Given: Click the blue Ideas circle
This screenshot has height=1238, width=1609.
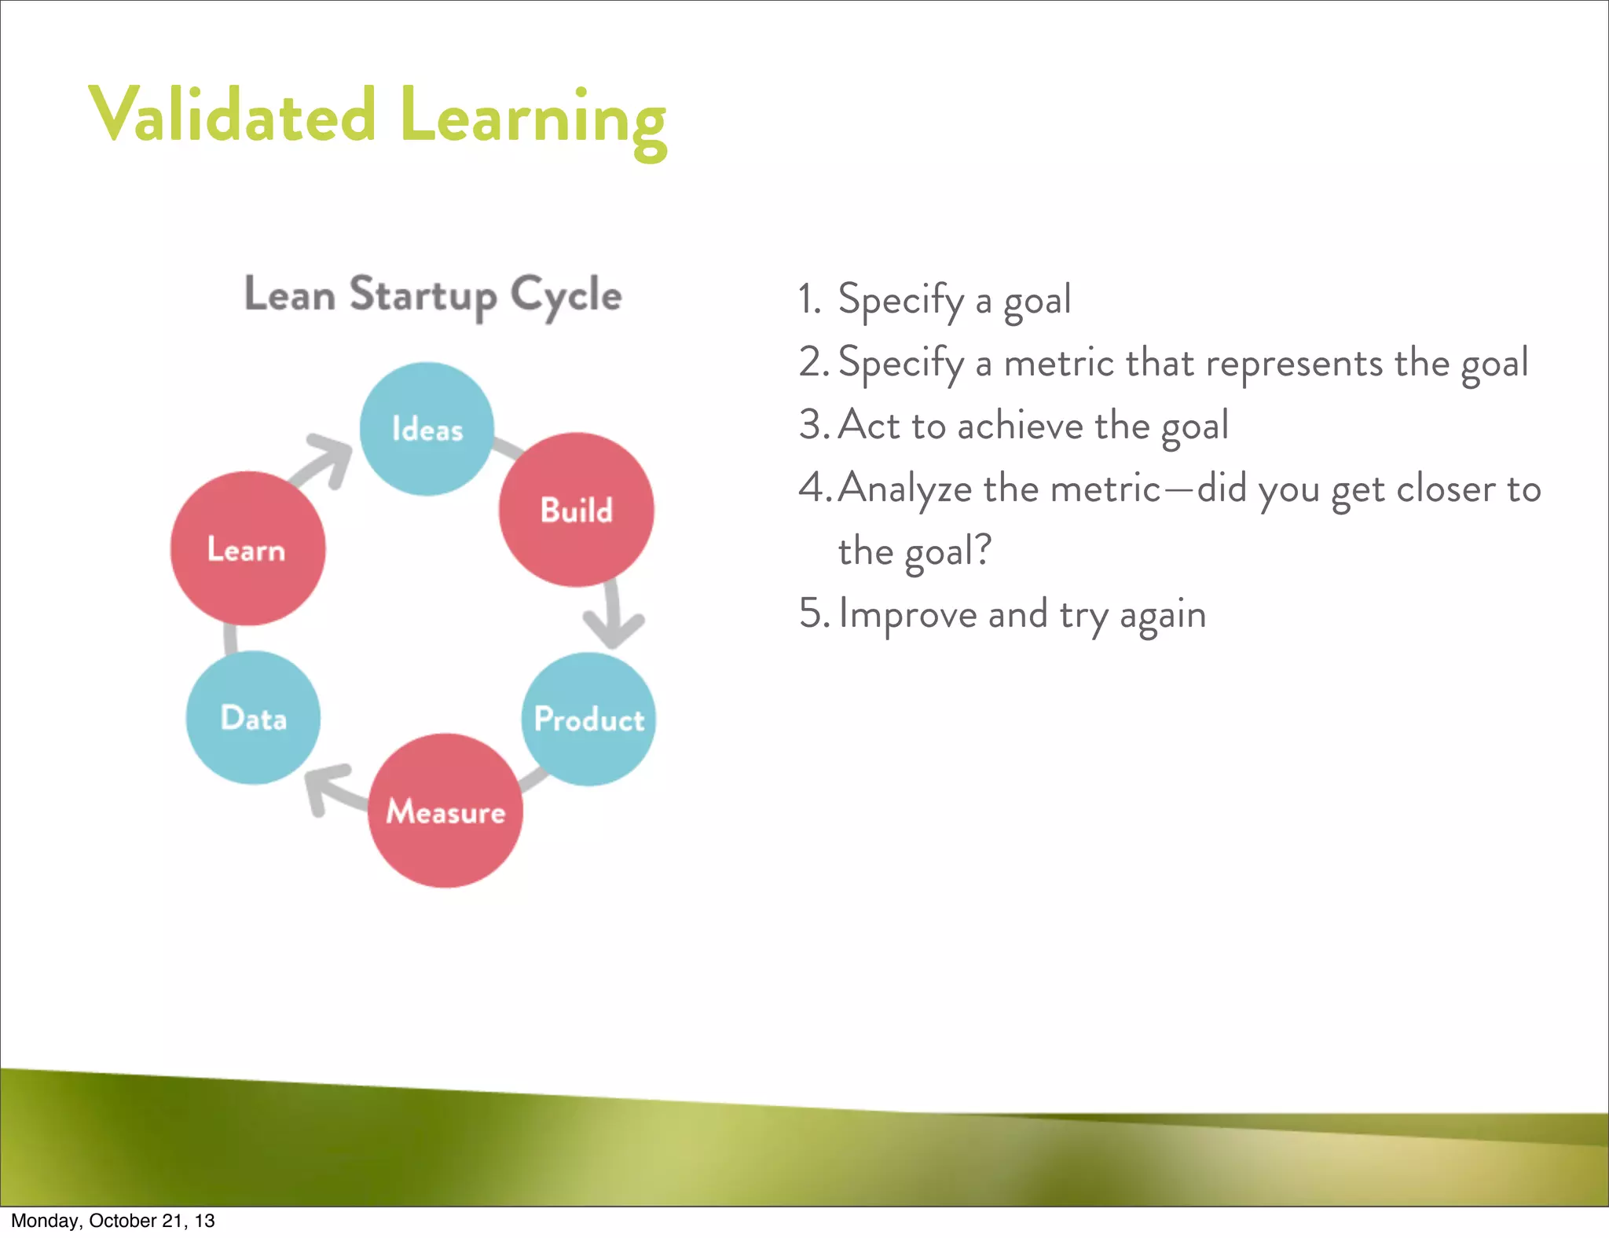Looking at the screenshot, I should (x=427, y=429).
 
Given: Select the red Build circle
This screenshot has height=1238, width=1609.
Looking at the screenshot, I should (x=577, y=510).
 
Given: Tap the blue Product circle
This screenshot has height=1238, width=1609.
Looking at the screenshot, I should (x=588, y=719).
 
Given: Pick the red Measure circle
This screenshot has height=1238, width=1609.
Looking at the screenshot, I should (x=445, y=811).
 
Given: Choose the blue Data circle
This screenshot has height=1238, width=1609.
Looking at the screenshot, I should (x=253, y=718).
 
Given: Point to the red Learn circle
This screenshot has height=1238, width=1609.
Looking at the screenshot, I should (x=247, y=548).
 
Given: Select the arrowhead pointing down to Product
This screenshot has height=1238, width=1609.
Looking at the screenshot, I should (x=614, y=629).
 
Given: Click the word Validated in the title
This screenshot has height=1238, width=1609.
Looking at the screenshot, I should (x=233, y=116).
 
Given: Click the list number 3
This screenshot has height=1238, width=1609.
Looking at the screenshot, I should (x=810, y=425).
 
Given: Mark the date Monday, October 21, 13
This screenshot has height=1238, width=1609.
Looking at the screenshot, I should (x=112, y=1221).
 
